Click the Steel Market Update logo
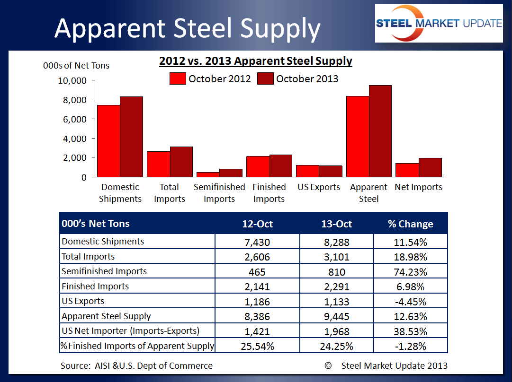pyautogui.click(x=439, y=23)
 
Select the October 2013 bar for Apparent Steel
pyautogui.click(x=380, y=131)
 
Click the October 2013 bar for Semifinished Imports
pyautogui.click(x=231, y=173)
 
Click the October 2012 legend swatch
pyautogui.click(x=178, y=78)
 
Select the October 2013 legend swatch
pyautogui.click(x=266, y=78)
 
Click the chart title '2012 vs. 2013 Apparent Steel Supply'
pyautogui.click(x=256, y=61)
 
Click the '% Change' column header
pyautogui.click(x=410, y=224)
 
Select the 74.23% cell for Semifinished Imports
pyautogui.click(x=410, y=272)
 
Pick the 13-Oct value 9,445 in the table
pyautogui.click(x=336, y=316)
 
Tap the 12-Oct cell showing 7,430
pyautogui.click(x=257, y=242)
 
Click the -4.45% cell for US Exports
pyautogui.click(x=410, y=301)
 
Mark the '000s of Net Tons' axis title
pyautogui.click(x=76, y=66)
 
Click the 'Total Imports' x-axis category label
pyautogui.click(x=170, y=193)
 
